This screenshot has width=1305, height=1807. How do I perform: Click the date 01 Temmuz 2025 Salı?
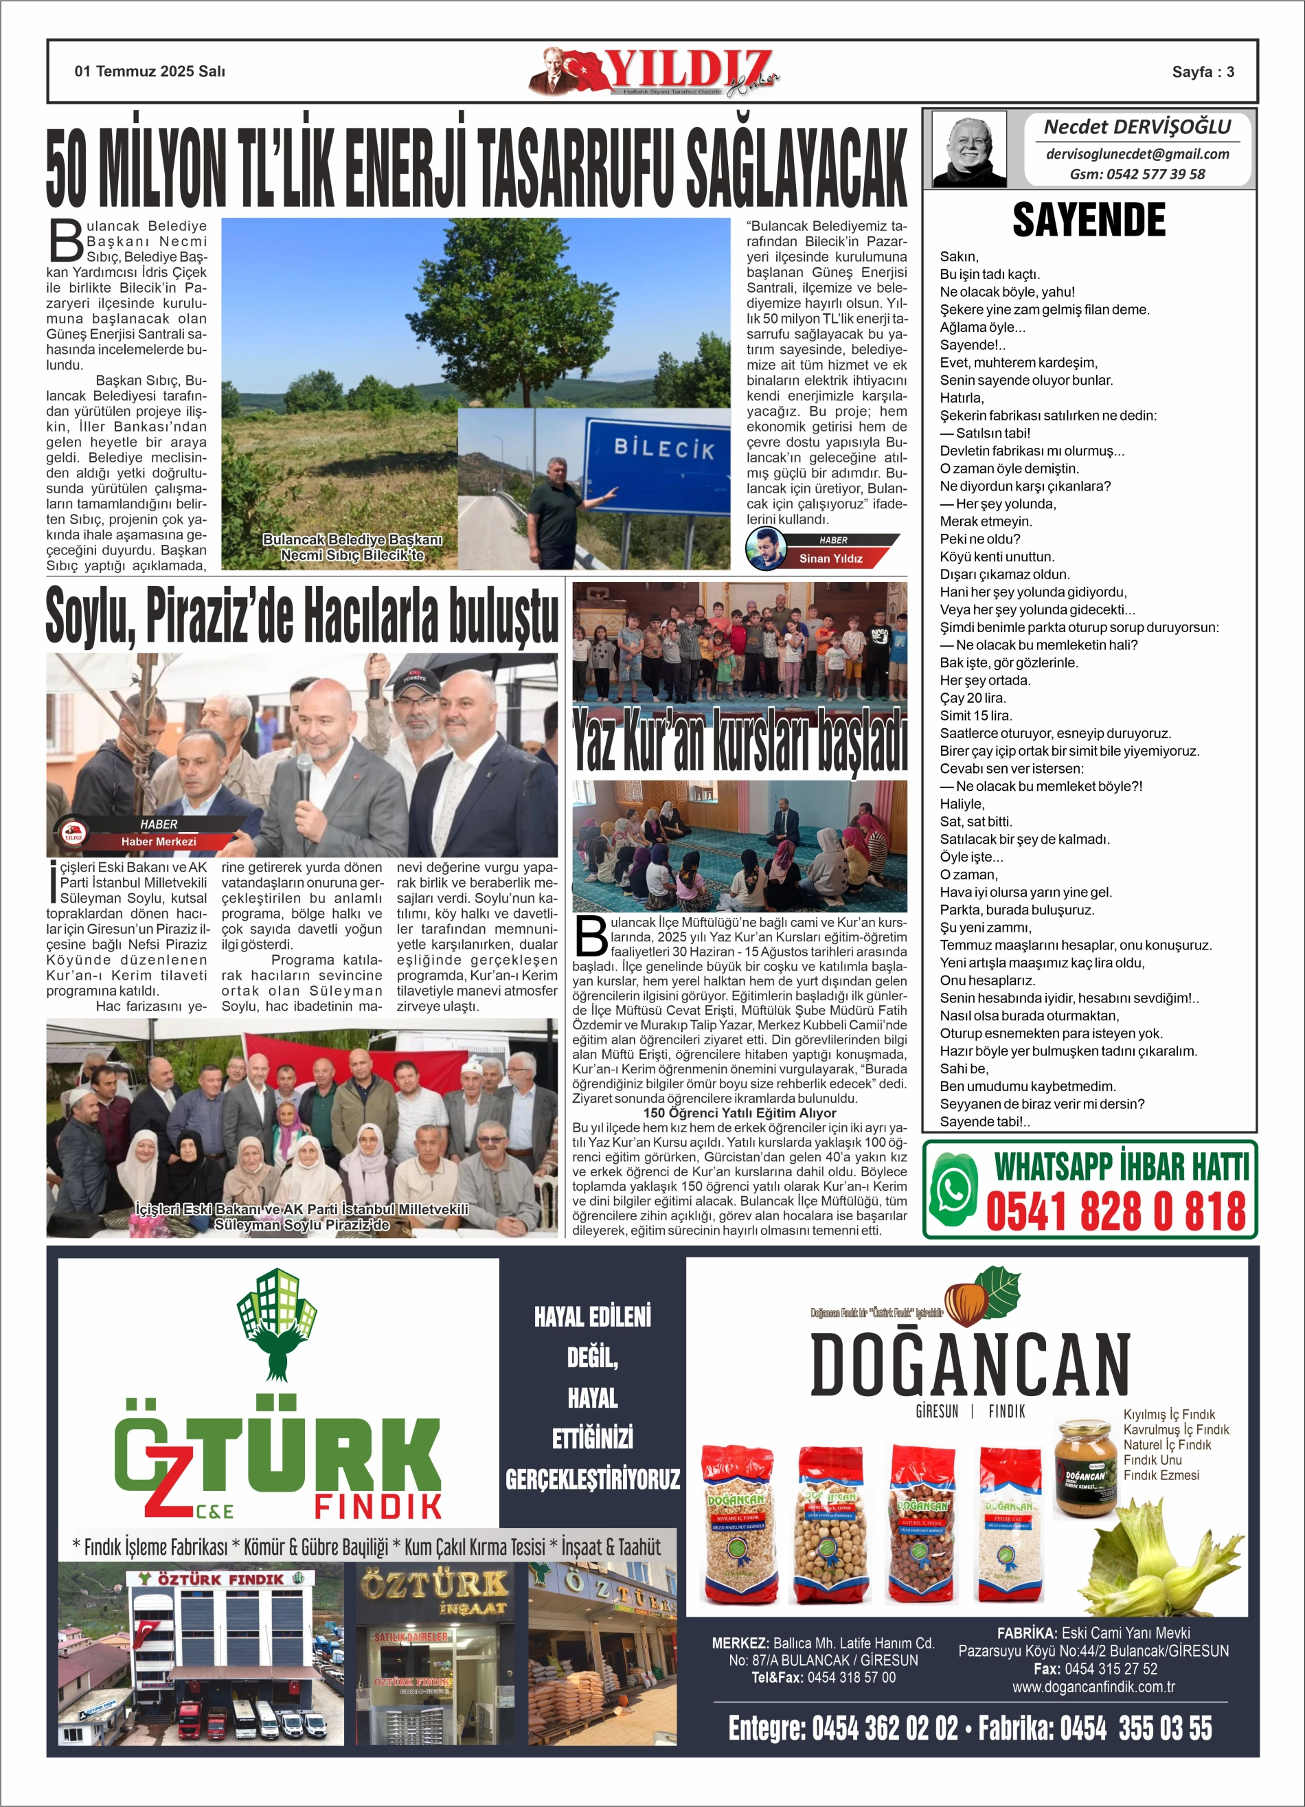[150, 71]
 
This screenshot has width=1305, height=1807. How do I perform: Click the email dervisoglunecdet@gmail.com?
[1137, 154]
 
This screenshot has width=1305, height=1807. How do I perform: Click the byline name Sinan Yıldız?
[830, 559]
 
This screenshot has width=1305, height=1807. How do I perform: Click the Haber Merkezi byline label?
[158, 842]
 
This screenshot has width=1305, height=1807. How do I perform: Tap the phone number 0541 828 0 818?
[1115, 1211]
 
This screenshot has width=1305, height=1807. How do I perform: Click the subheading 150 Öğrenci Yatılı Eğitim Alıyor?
[739, 1113]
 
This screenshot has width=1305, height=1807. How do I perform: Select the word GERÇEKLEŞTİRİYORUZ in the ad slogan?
[592, 1479]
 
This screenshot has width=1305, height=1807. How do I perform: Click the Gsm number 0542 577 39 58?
[1137, 174]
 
